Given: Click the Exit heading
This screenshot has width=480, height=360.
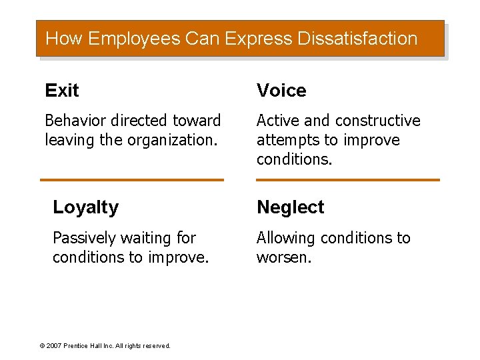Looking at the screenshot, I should [62, 91].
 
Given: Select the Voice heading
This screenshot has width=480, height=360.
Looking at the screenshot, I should [281, 91].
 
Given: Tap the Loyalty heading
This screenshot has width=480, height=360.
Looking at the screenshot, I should [85, 207].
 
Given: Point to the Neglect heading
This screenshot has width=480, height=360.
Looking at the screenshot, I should [290, 207].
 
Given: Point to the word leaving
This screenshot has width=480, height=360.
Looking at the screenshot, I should [65, 140].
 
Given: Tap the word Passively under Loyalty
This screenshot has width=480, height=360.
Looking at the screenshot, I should [83, 238].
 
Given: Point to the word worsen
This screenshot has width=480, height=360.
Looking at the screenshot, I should [283, 257].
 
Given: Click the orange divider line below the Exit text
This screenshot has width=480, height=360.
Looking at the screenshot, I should [132, 180].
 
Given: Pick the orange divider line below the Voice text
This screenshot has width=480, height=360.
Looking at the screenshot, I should [348, 180].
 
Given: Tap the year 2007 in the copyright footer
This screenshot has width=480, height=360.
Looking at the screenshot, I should [54, 346].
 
